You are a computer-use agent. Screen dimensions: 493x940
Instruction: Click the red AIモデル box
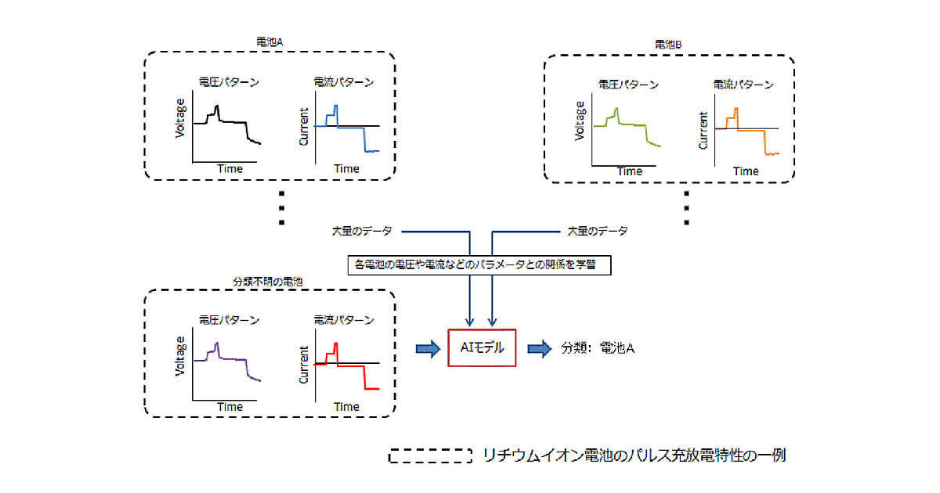pyautogui.click(x=482, y=347)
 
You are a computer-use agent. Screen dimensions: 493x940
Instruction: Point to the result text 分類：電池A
pyautogui.click(x=598, y=348)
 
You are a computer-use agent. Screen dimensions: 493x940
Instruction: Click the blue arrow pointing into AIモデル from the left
pyautogui.click(x=428, y=348)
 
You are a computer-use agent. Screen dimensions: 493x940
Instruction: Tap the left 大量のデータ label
pyautogui.click(x=362, y=232)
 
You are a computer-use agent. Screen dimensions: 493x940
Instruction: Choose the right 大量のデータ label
pyautogui.click(x=597, y=232)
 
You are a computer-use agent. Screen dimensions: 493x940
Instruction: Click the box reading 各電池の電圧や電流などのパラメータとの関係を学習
pyautogui.click(x=479, y=264)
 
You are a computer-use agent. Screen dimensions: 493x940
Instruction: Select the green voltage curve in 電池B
pyautogui.click(x=627, y=125)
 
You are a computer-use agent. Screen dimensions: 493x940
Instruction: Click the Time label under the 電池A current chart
pyautogui.click(x=347, y=168)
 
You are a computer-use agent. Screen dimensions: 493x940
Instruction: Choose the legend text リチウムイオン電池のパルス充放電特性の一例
pyautogui.click(x=634, y=455)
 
